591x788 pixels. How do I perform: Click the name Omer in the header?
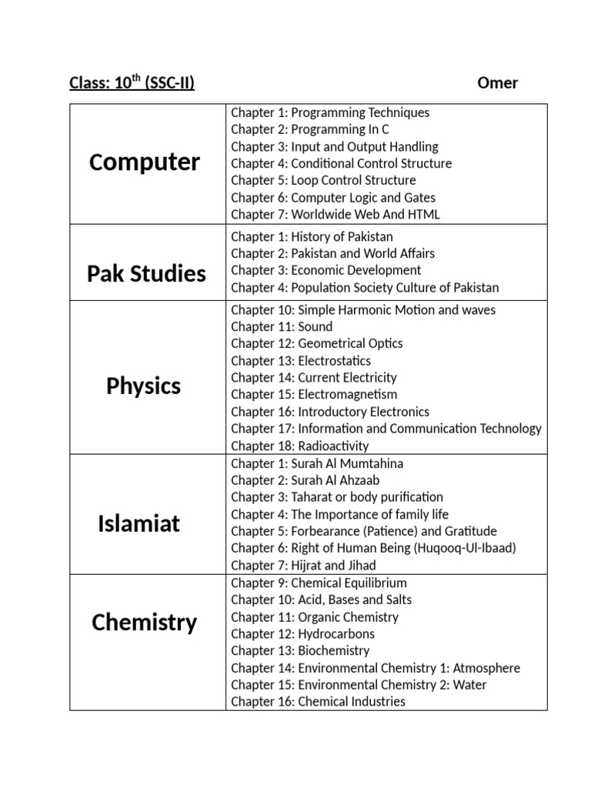point(497,83)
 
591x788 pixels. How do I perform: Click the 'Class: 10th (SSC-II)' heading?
point(132,82)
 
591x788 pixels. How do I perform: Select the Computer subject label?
point(145,162)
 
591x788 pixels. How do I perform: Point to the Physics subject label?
point(143,386)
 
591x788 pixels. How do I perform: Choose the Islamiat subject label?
point(139,524)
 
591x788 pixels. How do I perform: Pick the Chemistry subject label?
point(144,623)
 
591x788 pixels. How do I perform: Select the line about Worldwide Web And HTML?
point(336,215)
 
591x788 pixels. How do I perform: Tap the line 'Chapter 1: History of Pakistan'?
point(312,236)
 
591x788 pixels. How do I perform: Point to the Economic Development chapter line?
point(326,270)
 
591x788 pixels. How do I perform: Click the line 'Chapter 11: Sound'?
point(282,326)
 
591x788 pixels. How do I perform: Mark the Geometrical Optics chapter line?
point(317,343)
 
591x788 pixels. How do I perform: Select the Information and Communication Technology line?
point(386,429)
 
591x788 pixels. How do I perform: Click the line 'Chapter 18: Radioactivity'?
point(300,446)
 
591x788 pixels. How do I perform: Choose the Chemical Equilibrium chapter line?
point(319,583)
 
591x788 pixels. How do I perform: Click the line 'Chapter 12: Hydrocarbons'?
point(303,633)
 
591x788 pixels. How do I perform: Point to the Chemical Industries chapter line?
point(318,701)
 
